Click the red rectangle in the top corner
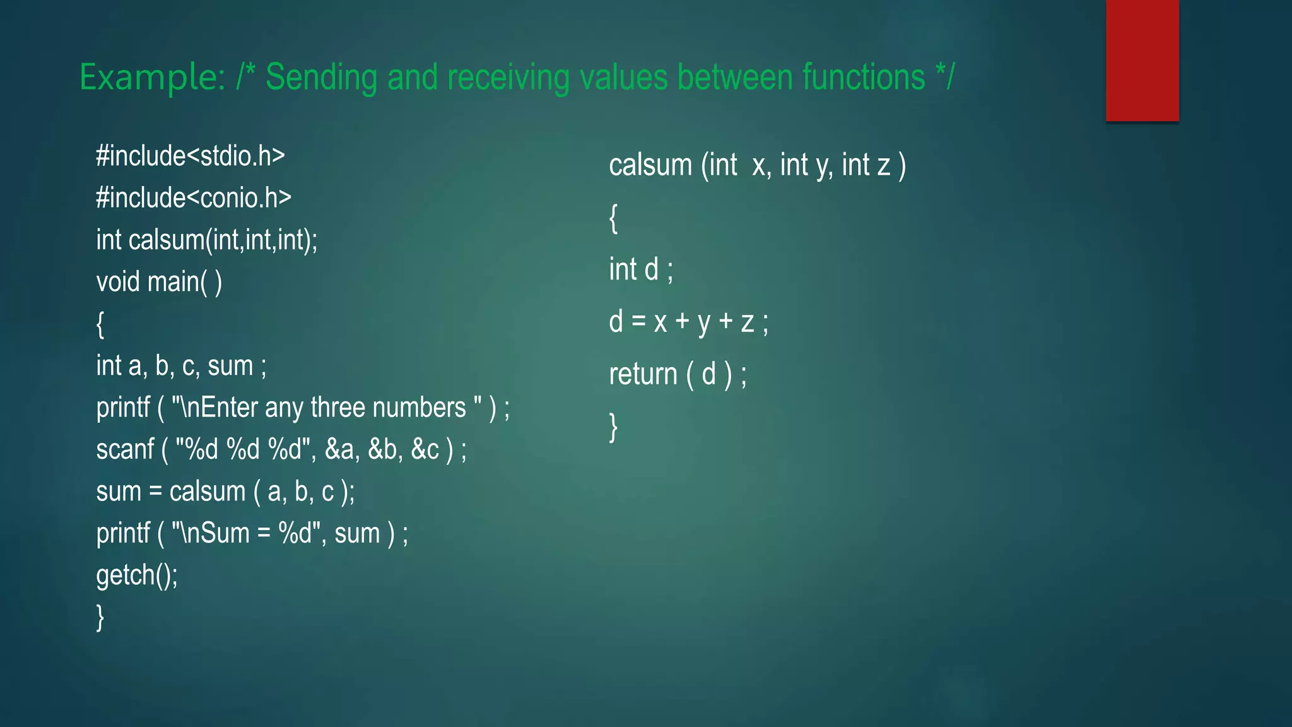coord(1142,61)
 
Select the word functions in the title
coord(864,78)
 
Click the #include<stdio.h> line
coord(191,156)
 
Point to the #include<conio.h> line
coord(194,198)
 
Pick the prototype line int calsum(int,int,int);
coord(207,240)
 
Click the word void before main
coord(118,282)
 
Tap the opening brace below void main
coord(100,324)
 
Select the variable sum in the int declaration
coord(230,366)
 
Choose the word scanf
coord(125,450)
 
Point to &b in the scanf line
coord(382,450)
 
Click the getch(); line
coord(137,576)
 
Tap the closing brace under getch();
coord(100,617)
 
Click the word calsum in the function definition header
coord(650,165)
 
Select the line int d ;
coord(641,269)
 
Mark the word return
coord(643,374)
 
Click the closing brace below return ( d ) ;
coord(613,427)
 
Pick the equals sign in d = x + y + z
coord(638,322)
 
